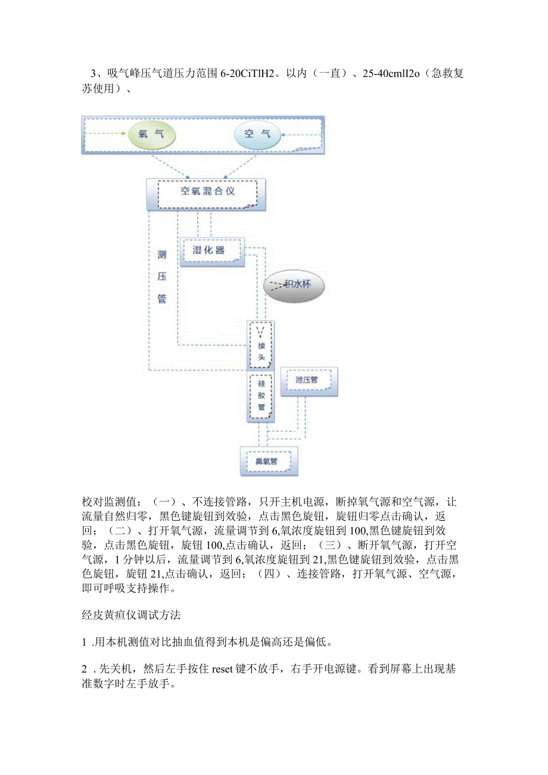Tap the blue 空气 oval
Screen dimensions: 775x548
point(257,134)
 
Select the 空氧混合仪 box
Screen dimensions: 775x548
point(207,192)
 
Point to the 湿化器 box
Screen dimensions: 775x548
point(208,250)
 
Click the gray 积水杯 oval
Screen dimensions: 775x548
point(296,285)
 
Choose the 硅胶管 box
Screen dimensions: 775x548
point(260,396)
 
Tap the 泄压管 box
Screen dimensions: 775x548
point(307,379)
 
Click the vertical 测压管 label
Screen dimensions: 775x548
point(161,277)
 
